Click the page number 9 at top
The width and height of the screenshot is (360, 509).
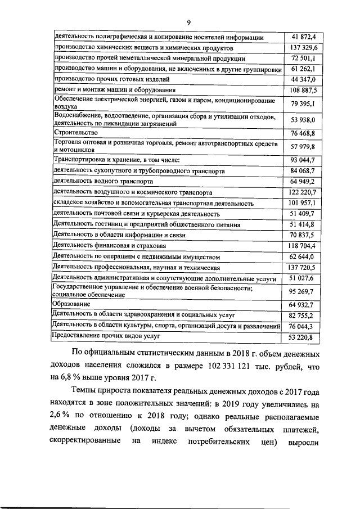tap(189, 22)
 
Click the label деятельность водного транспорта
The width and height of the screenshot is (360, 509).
tap(102, 182)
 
